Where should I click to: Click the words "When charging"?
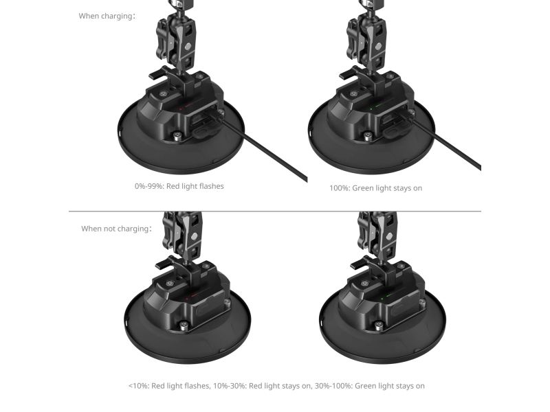tap(107, 16)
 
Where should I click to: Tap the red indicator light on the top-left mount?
tap(181, 109)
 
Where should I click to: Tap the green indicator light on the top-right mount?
tap(371, 108)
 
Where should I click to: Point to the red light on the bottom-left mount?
tap(187, 299)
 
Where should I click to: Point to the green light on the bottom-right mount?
tap(382, 299)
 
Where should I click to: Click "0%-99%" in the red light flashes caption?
tap(149, 186)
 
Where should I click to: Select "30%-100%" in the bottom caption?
tap(333, 386)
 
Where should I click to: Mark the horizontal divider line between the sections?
tap(274, 211)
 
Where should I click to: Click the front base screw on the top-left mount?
tap(178, 135)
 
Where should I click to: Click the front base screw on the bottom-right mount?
tap(378, 325)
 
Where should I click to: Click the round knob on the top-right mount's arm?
tap(378, 47)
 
